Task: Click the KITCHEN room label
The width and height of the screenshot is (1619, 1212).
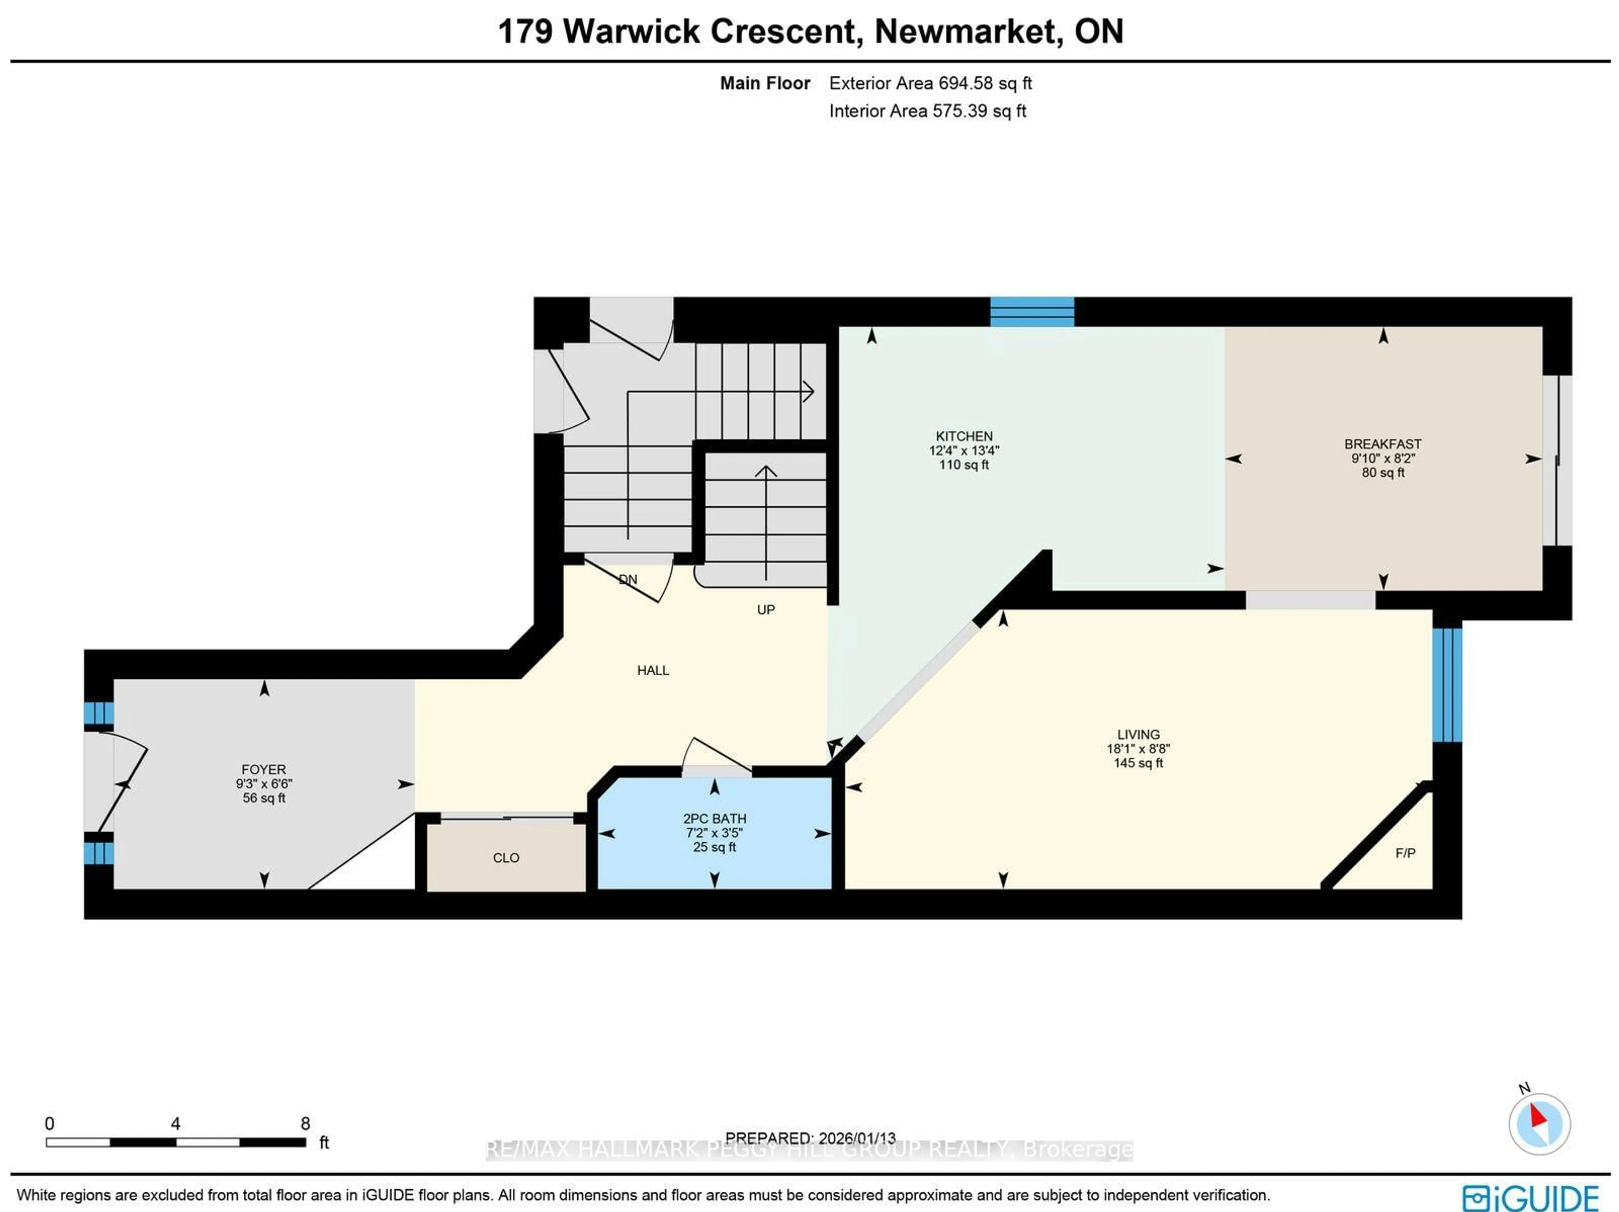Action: point(963,436)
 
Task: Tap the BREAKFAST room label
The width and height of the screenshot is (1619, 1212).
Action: point(1382,444)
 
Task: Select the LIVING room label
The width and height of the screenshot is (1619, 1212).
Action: point(1138,734)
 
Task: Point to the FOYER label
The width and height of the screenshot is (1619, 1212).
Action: point(264,769)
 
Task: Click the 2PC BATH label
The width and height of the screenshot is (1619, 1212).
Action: point(714,818)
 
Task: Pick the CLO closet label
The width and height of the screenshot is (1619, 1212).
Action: point(506,858)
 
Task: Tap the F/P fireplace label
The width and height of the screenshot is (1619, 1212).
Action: point(1404,853)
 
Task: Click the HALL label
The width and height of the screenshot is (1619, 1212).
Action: point(653,670)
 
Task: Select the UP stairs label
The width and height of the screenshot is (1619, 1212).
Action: point(766,610)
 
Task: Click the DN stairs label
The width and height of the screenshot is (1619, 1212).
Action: point(628,580)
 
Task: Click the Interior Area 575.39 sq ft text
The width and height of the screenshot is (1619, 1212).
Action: point(927,111)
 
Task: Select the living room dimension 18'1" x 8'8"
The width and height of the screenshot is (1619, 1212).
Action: point(1138,749)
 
